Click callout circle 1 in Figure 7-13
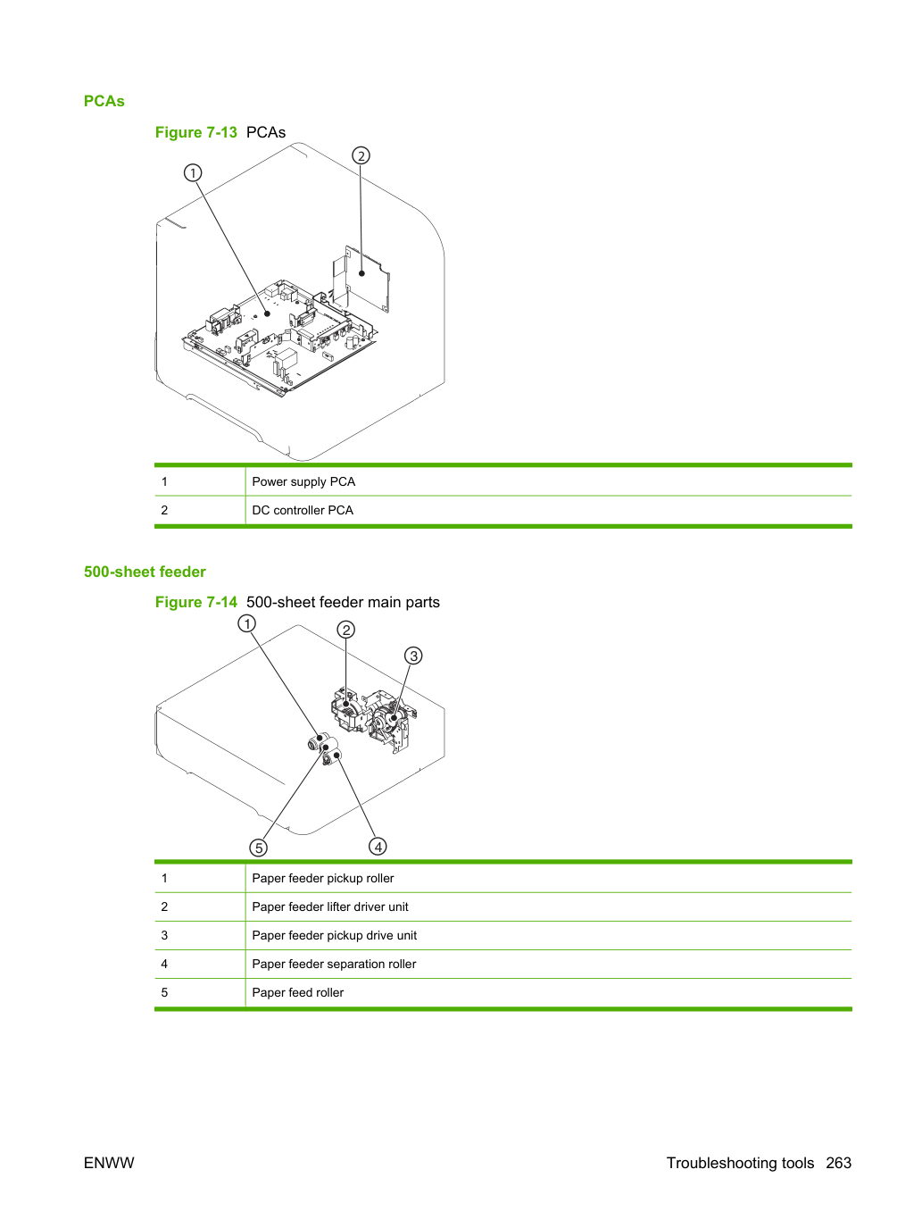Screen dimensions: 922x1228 [193, 173]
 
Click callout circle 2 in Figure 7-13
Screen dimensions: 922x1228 [361, 155]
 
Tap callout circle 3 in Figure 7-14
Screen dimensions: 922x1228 [413, 656]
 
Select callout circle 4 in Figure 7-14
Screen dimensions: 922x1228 [378, 847]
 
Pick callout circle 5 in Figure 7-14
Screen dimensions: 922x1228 [258, 848]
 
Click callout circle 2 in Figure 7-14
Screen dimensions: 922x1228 [346, 630]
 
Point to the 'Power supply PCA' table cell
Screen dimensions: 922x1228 [549, 481]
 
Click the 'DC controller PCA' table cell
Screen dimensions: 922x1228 [549, 510]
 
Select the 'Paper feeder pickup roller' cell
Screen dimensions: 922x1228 [549, 878]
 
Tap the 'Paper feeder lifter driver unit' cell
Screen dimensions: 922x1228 [549, 906]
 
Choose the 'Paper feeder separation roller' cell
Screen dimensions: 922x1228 [549, 964]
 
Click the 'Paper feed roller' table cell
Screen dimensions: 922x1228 [549, 992]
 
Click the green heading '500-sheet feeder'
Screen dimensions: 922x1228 [145, 572]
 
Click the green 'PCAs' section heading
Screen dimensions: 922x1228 [104, 101]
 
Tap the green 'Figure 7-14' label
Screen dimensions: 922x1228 [196, 602]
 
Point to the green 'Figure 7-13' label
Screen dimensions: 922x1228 [196, 132]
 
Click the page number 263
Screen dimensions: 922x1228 [839, 1163]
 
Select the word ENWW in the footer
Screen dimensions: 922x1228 [109, 1163]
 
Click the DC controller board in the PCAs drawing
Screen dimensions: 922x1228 [361, 278]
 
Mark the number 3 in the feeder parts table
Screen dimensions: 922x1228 [164, 935]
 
